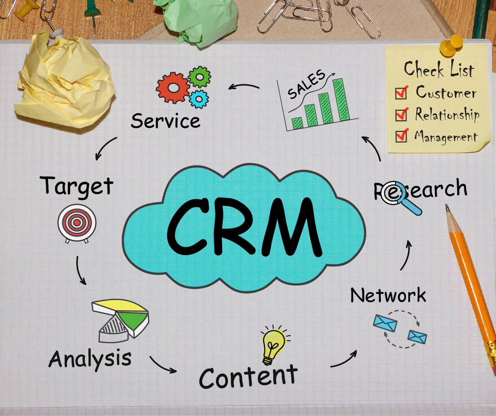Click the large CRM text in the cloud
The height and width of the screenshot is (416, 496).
pyautogui.click(x=244, y=227)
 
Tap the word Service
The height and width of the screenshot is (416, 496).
pyautogui.click(x=165, y=121)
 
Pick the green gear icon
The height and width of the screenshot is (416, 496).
pyautogui.click(x=199, y=77)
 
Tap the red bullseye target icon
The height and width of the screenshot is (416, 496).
pyautogui.click(x=77, y=223)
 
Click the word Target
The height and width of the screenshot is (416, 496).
pyautogui.click(x=77, y=186)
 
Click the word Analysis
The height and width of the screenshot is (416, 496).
pyautogui.click(x=90, y=359)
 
